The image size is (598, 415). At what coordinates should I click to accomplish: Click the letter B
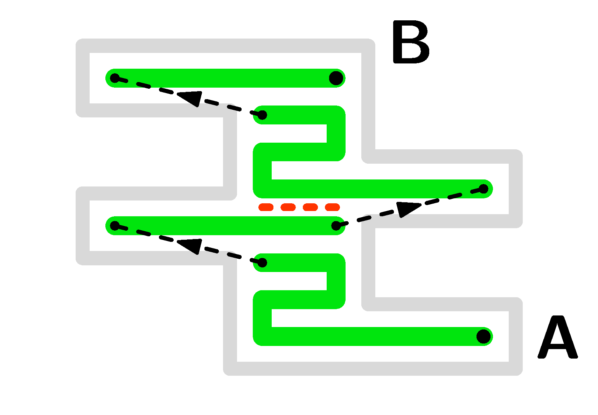(x=410, y=42)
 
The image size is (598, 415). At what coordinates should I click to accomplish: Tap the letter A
(x=557, y=338)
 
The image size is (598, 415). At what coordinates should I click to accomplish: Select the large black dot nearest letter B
(x=336, y=78)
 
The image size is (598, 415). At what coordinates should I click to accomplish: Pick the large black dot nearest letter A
(x=484, y=336)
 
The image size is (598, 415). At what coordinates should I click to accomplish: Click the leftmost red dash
(x=266, y=207)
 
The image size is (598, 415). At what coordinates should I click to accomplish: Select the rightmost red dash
(x=332, y=207)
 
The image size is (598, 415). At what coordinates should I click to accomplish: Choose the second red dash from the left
(x=288, y=207)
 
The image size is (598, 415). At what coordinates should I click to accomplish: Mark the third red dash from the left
(x=310, y=207)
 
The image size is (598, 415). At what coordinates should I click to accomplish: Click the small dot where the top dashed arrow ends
(x=115, y=78)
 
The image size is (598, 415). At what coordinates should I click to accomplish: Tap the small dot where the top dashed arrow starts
(x=262, y=115)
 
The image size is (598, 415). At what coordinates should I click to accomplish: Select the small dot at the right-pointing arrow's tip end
(x=484, y=189)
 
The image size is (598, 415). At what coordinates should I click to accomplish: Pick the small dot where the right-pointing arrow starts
(x=336, y=226)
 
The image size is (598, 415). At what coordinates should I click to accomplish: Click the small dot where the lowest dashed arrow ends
(x=115, y=226)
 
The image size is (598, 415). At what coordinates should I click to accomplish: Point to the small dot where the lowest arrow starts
(x=262, y=263)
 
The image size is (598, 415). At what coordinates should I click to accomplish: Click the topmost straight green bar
(x=224, y=78)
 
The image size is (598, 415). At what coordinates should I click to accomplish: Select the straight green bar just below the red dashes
(x=224, y=226)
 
